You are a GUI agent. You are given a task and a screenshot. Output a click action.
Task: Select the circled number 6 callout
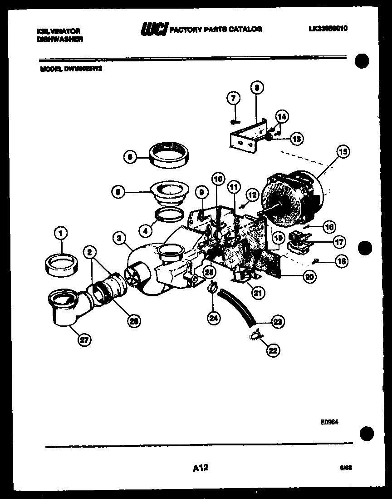tap(130, 157)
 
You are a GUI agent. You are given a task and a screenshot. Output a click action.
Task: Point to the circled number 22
tap(274, 350)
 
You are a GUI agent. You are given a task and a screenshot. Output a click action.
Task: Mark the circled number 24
tap(213, 319)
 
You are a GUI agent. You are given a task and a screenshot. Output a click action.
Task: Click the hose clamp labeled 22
tap(255, 335)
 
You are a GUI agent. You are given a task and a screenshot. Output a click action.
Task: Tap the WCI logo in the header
tap(154, 29)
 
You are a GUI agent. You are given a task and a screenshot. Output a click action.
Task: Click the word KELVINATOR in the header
tap(59, 31)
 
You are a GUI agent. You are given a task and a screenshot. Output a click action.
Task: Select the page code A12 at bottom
tap(200, 468)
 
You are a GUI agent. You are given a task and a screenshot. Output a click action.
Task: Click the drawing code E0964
tap(329, 422)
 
